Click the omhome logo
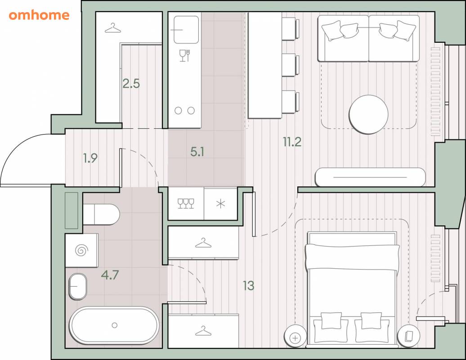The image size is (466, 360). click(x=39, y=15)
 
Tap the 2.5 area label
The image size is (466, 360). click(x=131, y=84)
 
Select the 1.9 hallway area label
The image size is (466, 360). click(x=90, y=158)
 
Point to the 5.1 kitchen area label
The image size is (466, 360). click(x=197, y=152)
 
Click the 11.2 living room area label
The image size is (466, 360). click(x=292, y=142)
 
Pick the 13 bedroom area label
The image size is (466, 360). click(x=248, y=286)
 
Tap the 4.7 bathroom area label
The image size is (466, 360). click(x=110, y=275)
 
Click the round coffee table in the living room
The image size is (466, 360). click(x=368, y=114)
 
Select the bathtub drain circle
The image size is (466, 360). click(x=114, y=325)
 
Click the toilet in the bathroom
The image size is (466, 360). click(x=101, y=214)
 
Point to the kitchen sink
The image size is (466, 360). click(x=186, y=30)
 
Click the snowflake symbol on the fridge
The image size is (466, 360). click(x=220, y=204)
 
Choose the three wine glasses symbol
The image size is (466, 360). click(x=186, y=204)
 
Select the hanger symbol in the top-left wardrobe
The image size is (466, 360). click(x=112, y=28)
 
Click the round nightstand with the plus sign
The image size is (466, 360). click(x=295, y=338)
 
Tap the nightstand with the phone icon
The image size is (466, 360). click(x=408, y=336)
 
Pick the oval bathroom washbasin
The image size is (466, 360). click(x=78, y=287)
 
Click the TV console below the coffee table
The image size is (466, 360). click(x=370, y=177)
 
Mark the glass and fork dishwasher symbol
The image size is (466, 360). click(x=184, y=56)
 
